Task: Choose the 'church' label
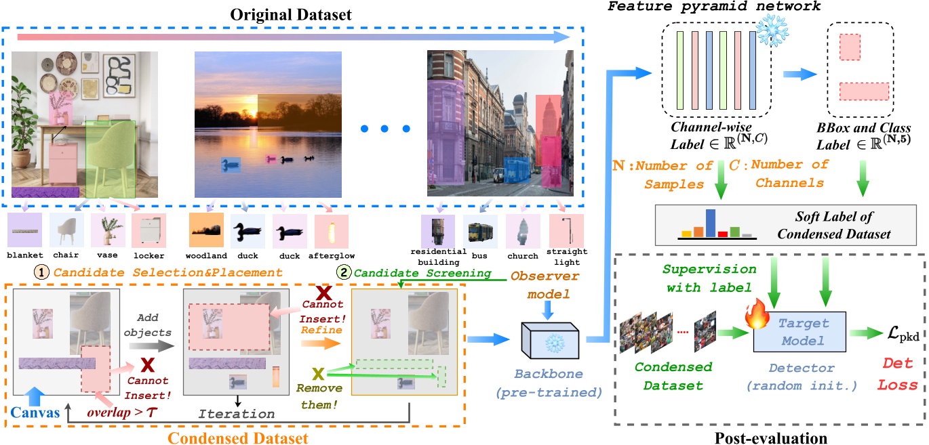(x=520, y=257)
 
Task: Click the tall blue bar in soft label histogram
(x=710, y=224)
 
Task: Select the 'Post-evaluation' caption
(x=770, y=436)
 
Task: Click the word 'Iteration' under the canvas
(x=236, y=413)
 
